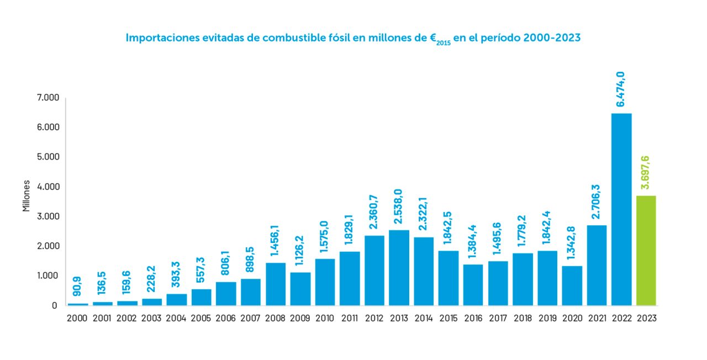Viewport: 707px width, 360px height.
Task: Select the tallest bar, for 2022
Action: [621, 209]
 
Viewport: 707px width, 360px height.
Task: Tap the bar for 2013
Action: [399, 267]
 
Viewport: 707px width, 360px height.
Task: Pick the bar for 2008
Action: [276, 284]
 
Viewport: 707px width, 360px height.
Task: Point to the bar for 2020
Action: [572, 285]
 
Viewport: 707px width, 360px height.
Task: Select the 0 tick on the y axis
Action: [54, 305]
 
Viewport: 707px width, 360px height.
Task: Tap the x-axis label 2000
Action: [78, 319]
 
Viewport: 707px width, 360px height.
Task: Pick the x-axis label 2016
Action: [473, 319]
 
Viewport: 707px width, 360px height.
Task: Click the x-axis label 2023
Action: [646, 319]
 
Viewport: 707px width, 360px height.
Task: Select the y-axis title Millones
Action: [26, 197]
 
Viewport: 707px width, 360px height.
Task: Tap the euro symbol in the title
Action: [434, 39]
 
